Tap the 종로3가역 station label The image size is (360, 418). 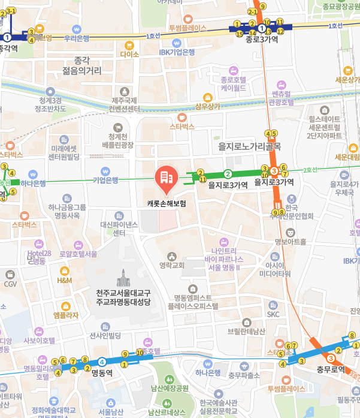262,39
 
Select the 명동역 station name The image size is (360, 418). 102,372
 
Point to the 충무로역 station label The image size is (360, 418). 331,369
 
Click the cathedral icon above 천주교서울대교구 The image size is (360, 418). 123,278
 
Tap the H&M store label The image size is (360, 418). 64,280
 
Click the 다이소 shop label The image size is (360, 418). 129,54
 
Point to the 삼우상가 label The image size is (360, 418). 207,107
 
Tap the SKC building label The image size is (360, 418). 273,314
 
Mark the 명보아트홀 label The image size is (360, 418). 290,242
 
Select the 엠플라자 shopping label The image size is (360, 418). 66,315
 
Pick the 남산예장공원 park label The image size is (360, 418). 170,388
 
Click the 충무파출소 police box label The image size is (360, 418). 244,375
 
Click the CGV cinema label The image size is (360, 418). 10,284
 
